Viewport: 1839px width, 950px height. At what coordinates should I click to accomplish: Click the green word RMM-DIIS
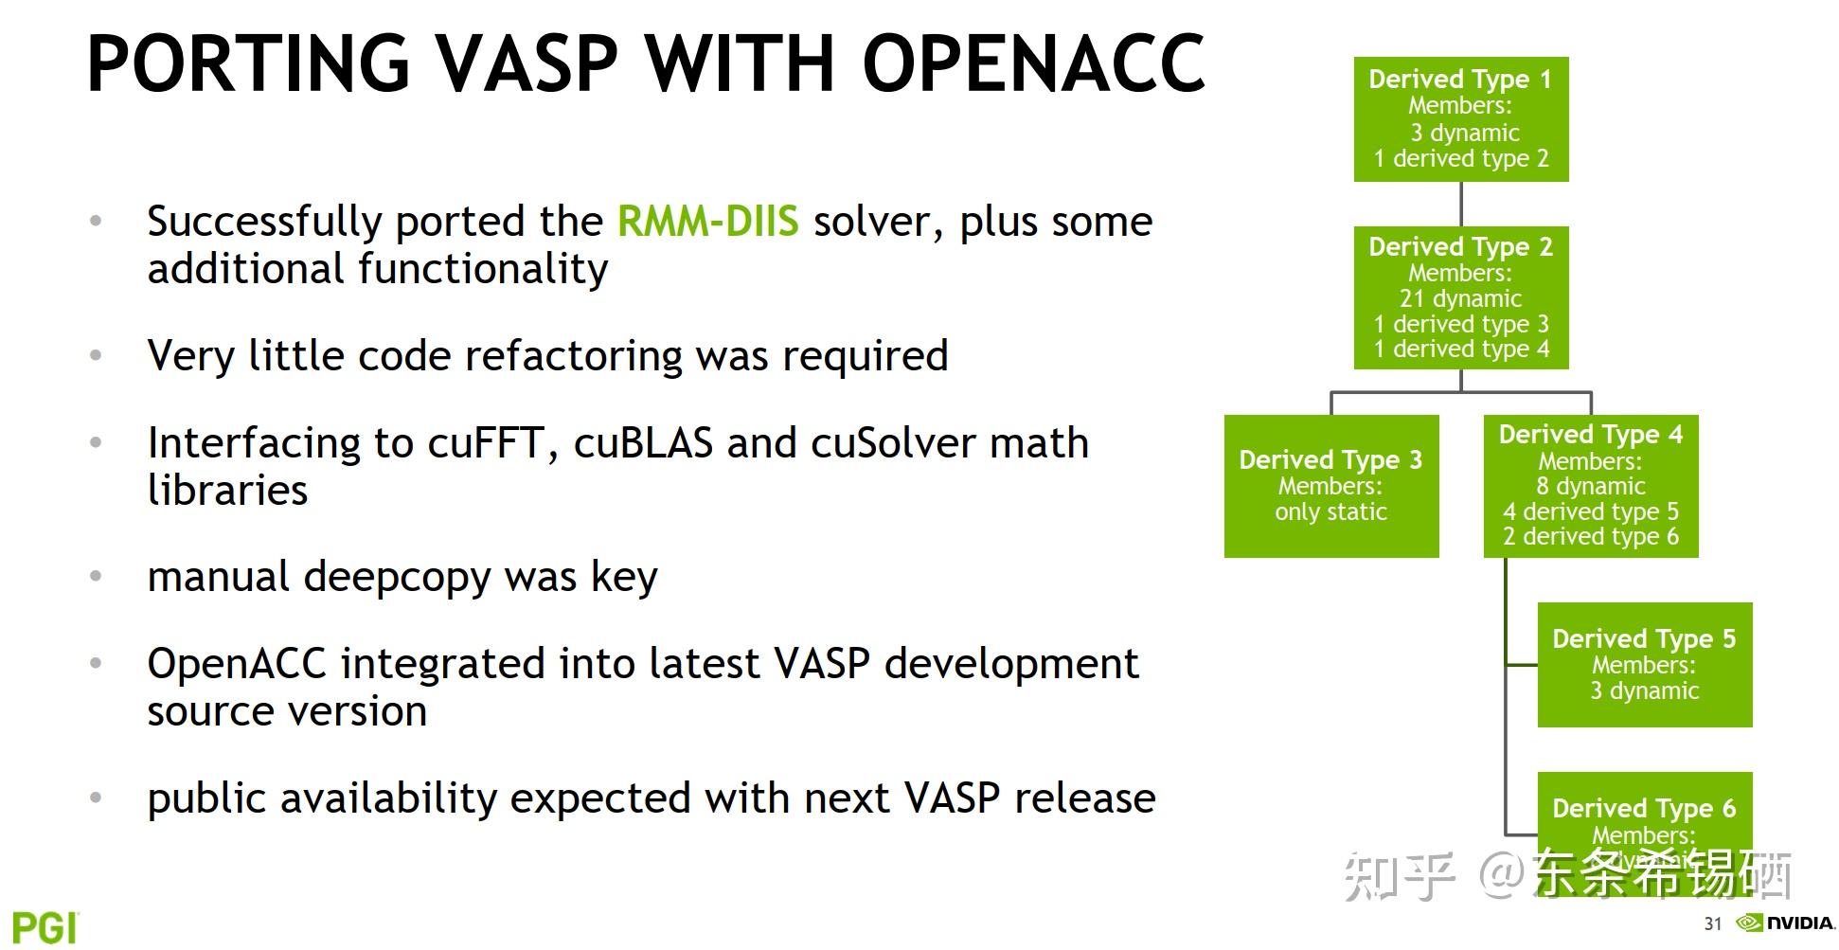tap(707, 222)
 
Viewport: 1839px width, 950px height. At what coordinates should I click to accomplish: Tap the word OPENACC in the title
tap(1033, 64)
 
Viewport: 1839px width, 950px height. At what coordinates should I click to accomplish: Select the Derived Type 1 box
tap(1460, 119)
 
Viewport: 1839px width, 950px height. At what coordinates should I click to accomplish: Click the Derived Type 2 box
tap(1460, 297)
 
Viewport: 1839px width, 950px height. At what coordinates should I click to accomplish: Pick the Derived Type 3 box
tap(1330, 486)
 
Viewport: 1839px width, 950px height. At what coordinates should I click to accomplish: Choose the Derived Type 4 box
tap(1590, 486)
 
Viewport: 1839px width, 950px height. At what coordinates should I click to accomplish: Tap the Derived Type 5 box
tap(1644, 665)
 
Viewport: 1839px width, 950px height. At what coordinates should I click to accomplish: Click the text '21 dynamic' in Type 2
tap(1460, 299)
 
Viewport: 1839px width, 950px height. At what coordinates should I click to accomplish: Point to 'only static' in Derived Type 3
tap(1330, 512)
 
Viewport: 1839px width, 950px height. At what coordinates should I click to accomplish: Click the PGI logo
tap(45, 927)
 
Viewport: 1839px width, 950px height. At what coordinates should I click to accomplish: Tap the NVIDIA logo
tap(1785, 923)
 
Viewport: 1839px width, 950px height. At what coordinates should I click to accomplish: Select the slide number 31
tap(1712, 923)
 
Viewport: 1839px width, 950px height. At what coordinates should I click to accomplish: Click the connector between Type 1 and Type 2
tap(1461, 204)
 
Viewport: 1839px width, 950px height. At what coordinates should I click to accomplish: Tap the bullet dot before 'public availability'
tap(96, 798)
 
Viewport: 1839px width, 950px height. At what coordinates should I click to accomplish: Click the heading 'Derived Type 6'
tap(1644, 809)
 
